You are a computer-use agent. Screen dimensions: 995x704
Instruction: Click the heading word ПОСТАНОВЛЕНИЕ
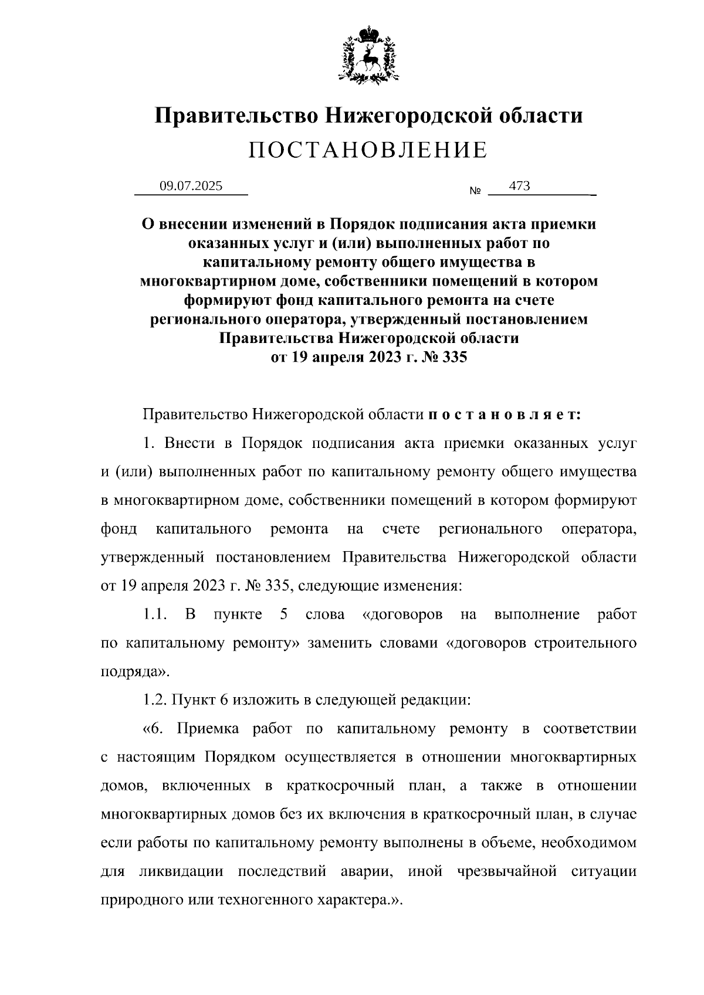(368, 151)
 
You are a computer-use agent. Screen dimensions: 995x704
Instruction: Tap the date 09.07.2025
(191, 186)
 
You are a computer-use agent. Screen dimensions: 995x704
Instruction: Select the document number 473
(520, 186)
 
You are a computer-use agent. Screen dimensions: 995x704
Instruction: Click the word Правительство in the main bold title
(236, 115)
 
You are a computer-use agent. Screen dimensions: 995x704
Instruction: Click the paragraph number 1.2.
(155, 700)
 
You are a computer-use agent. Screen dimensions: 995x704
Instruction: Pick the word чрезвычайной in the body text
(506, 871)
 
